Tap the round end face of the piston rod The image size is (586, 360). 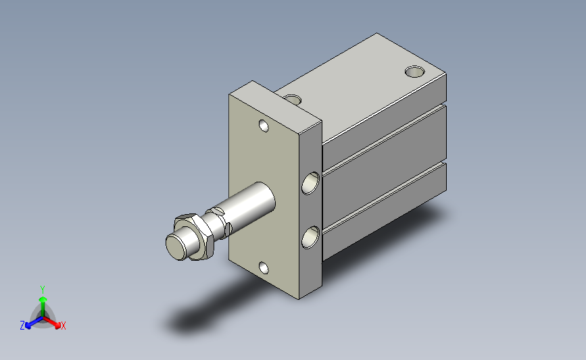click(176, 246)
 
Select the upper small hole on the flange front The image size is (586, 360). click(264, 126)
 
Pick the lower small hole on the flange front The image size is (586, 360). click(264, 267)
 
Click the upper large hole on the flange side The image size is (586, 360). click(310, 183)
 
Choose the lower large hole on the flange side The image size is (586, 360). click(310, 238)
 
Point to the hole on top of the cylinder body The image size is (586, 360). click(415, 72)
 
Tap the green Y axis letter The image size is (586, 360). click(43, 290)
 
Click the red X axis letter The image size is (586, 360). click(63, 326)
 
